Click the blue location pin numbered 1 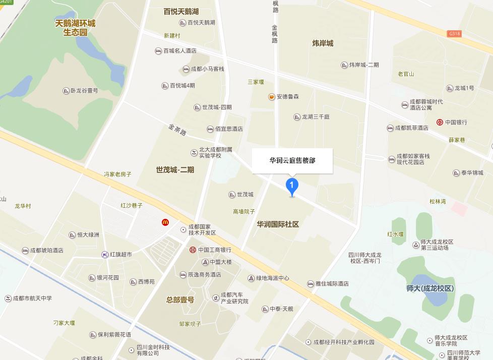291,186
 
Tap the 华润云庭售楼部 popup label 292,161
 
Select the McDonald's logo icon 165,222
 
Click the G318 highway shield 454,34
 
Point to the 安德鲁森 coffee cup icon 271,97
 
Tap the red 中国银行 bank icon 440,122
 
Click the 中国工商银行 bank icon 193,250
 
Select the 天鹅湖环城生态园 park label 75,28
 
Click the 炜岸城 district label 323,43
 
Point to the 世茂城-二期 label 175,170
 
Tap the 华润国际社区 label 278,224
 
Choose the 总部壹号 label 180,299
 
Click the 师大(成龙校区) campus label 430,288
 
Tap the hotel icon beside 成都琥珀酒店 25,251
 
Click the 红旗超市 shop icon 104,255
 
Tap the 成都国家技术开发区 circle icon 183,230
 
